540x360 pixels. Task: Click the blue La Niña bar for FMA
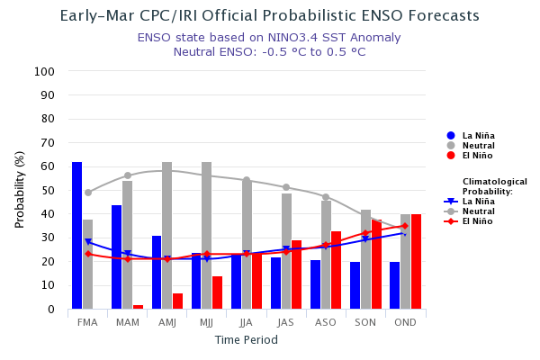(x=77, y=236)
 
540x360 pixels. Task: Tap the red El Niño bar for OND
(x=416, y=262)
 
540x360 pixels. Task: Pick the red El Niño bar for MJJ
(x=217, y=292)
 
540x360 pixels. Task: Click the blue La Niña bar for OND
(x=395, y=285)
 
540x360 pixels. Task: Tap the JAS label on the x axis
(x=286, y=322)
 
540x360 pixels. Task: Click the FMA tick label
(x=87, y=322)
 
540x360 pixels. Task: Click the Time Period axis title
(x=246, y=340)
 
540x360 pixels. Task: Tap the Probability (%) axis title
(x=20, y=189)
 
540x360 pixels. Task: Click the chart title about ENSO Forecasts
(x=269, y=16)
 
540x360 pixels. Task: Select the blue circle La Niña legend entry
(x=472, y=135)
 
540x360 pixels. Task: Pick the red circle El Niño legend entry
(x=472, y=156)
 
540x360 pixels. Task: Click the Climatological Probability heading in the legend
(x=494, y=186)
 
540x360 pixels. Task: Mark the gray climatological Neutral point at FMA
(x=88, y=193)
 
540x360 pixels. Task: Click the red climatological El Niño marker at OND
(x=405, y=227)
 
